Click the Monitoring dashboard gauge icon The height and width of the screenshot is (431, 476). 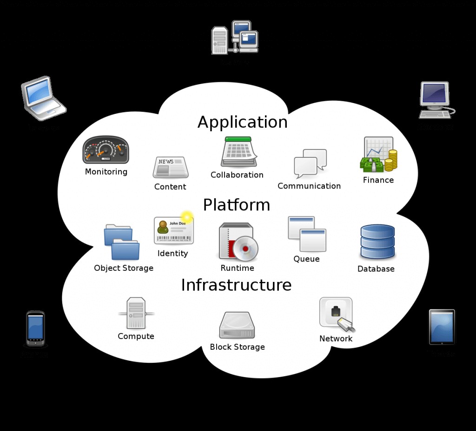click(x=106, y=150)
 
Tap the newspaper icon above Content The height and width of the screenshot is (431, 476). click(x=171, y=168)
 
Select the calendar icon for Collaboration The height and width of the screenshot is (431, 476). click(x=238, y=152)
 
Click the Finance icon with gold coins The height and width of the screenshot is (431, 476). click(x=379, y=155)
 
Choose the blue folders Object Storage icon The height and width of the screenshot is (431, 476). click(x=121, y=242)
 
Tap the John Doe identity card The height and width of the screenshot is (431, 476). click(x=174, y=230)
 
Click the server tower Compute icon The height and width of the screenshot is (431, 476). click(x=136, y=313)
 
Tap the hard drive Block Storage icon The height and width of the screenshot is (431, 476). click(x=237, y=326)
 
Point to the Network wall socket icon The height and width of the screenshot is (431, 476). click(x=336, y=314)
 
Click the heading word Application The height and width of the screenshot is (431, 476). click(x=242, y=122)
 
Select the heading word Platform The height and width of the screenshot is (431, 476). click(x=236, y=205)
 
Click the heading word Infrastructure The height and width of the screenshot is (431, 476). click(x=236, y=285)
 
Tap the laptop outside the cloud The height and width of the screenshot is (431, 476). click(x=43, y=98)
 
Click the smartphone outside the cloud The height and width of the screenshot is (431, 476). click(x=35, y=329)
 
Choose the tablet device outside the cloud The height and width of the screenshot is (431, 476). click(x=442, y=327)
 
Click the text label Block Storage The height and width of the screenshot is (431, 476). click(x=237, y=347)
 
